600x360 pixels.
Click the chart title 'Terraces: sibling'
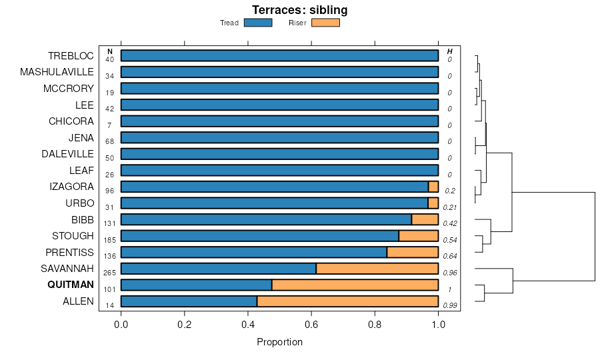click(x=299, y=10)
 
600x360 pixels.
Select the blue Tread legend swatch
click(x=258, y=23)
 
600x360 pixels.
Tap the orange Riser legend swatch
click(x=325, y=23)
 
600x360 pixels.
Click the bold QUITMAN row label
click(x=71, y=285)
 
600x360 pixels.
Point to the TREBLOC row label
click(x=71, y=56)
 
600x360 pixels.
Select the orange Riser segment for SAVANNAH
click(x=377, y=269)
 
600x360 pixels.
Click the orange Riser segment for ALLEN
click(x=347, y=301)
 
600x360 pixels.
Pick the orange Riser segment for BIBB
click(x=425, y=219)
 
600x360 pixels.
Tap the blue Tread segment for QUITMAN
click(x=196, y=285)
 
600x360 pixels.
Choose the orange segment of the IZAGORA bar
click(x=433, y=187)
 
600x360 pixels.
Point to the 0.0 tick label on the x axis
click(x=121, y=325)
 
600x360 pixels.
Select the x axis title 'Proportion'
click(x=279, y=342)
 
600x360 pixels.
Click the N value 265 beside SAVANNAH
click(x=110, y=273)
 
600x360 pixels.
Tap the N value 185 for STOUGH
click(x=110, y=240)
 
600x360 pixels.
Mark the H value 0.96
click(x=450, y=273)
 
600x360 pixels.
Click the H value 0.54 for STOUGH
click(x=450, y=240)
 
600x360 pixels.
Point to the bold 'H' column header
click(x=450, y=51)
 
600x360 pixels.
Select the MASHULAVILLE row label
click(x=57, y=72)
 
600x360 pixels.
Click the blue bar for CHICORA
click(x=279, y=121)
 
